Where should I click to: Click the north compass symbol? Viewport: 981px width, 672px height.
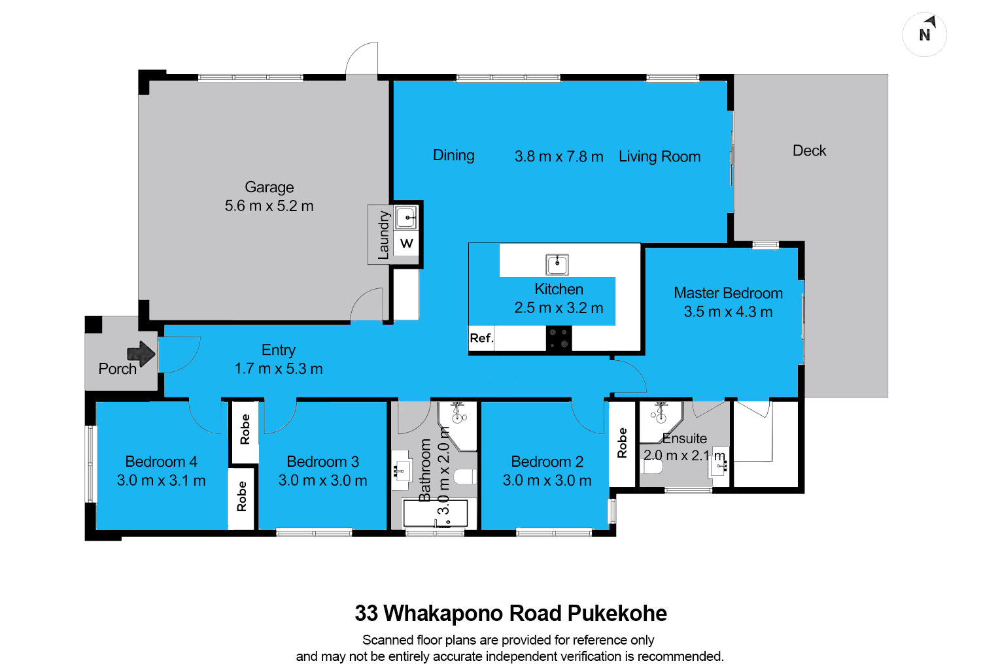(x=925, y=35)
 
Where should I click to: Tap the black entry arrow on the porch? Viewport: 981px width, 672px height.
(x=141, y=353)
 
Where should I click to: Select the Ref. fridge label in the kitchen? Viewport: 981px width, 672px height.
(x=481, y=338)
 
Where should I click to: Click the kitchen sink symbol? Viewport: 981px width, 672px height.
(x=557, y=265)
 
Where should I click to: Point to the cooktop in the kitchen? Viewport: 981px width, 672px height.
(x=559, y=339)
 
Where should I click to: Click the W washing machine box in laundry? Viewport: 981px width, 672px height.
(x=406, y=243)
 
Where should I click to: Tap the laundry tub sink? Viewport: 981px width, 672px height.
(x=406, y=218)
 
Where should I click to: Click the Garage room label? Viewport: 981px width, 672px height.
(x=269, y=188)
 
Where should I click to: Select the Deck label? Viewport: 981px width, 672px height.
(x=810, y=150)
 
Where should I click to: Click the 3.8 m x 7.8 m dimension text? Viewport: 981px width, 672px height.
(x=559, y=156)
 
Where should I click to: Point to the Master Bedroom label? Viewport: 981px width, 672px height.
(x=728, y=293)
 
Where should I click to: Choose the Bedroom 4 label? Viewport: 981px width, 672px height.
(x=161, y=462)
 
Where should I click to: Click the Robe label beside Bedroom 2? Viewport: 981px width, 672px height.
(x=622, y=443)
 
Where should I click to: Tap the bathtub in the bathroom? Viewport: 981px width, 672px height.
(x=436, y=513)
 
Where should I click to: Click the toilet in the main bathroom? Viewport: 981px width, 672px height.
(x=465, y=476)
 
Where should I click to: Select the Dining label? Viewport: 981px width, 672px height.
(x=454, y=156)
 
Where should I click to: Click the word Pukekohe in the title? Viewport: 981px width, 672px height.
(x=617, y=613)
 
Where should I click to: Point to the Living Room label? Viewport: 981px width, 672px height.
(x=659, y=157)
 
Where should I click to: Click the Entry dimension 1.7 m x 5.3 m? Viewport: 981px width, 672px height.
(x=279, y=369)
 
